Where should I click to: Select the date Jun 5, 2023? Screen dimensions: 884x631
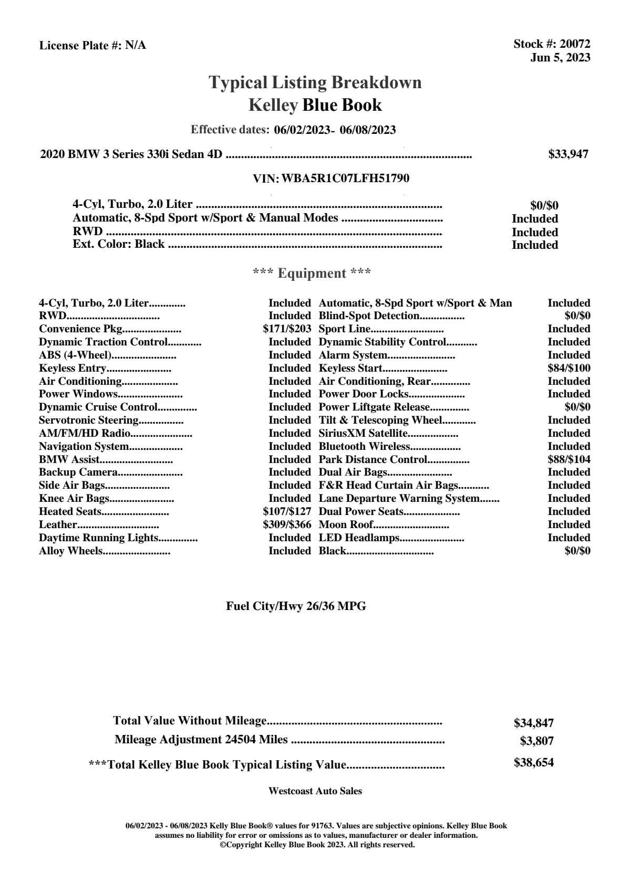[x=560, y=58]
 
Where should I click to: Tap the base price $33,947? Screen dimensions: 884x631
[x=568, y=154]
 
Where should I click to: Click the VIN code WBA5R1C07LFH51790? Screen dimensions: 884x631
[x=345, y=178]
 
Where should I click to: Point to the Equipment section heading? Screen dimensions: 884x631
[x=312, y=273]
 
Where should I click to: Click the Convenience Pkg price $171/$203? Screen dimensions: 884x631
[x=287, y=329]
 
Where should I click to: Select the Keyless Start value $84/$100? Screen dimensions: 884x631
[x=568, y=368]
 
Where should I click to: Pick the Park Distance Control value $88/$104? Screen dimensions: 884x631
[x=568, y=459]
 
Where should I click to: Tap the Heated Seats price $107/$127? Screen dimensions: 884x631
[x=287, y=511]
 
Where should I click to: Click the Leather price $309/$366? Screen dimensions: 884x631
[x=287, y=524]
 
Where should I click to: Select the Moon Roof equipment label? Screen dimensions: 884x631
[x=346, y=524]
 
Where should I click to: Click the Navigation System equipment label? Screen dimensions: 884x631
[x=84, y=446]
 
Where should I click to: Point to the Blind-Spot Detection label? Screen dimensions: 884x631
[x=369, y=316]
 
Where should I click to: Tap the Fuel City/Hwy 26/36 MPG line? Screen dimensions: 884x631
[x=296, y=606]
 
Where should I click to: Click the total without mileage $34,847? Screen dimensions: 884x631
[x=533, y=723]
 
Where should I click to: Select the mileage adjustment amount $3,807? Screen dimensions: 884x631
[x=536, y=741]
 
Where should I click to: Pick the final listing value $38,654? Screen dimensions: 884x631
[x=533, y=763]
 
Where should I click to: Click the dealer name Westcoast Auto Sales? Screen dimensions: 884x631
[x=315, y=791]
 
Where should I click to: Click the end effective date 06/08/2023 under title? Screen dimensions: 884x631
[x=367, y=130]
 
